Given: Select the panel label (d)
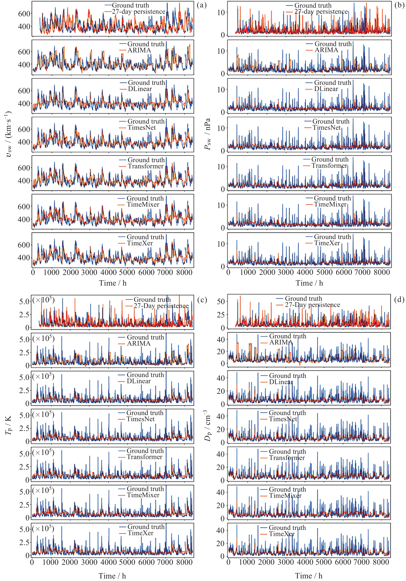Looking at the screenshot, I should (399, 300).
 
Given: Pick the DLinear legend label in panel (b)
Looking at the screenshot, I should (326, 89).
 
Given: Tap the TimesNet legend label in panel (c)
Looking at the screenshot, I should (141, 419).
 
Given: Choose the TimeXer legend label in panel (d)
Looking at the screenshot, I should (282, 534).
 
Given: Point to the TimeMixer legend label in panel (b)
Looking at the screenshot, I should (330, 204).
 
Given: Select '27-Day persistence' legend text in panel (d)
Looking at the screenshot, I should (312, 305).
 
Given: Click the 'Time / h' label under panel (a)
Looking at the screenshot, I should (113, 283).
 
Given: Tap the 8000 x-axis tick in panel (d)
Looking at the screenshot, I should (381, 562).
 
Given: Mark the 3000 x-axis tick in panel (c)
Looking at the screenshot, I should (89, 562).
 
